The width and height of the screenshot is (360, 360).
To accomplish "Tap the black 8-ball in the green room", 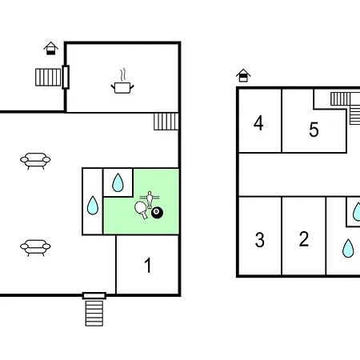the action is point(157,213).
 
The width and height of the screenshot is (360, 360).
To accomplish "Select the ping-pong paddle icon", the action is point(142,210).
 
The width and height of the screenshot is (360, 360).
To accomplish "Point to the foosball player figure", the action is point(150,199).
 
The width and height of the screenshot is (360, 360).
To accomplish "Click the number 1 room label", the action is point(148,266).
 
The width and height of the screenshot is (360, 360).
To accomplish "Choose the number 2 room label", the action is point(304,239).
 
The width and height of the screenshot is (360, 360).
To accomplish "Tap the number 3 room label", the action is point(260,240).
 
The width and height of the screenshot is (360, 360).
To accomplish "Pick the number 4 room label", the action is point(258,123).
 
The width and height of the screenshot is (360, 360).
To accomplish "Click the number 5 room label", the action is point(314,130).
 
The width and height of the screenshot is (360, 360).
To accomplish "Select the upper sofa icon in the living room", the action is point(35,161).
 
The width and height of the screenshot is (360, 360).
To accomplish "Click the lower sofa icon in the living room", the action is point(35,248).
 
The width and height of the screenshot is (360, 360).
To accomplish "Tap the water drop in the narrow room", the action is point(93,206).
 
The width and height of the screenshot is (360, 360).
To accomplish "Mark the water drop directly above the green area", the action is point(118,182).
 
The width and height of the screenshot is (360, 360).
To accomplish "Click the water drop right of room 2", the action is point(348,248).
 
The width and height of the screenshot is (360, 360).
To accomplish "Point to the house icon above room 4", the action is point(243,75).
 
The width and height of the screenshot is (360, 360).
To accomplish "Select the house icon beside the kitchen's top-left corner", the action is point(50,48).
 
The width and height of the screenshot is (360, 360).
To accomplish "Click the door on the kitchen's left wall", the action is point(66,77).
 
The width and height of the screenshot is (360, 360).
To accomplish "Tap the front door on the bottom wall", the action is point(94,295).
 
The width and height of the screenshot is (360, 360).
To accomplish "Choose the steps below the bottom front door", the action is point(94,314).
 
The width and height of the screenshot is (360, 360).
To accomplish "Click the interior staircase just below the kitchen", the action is point(166,122).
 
